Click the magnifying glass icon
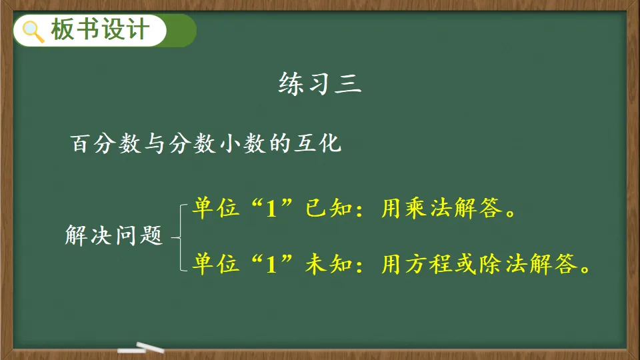click(x=33, y=31)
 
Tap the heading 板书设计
click(x=100, y=30)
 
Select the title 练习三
click(x=320, y=84)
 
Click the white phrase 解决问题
click(x=114, y=235)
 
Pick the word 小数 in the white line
click(x=243, y=143)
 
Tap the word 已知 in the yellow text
click(x=329, y=208)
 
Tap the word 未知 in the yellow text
click(x=329, y=264)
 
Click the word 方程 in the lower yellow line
click(x=429, y=264)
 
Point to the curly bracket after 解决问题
click(x=179, y=237)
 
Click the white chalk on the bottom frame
click(x=141, y=348)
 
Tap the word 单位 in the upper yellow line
click(x=215, y=208)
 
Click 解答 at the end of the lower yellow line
click(x=553, y=264)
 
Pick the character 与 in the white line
click(x=154, y=143)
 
